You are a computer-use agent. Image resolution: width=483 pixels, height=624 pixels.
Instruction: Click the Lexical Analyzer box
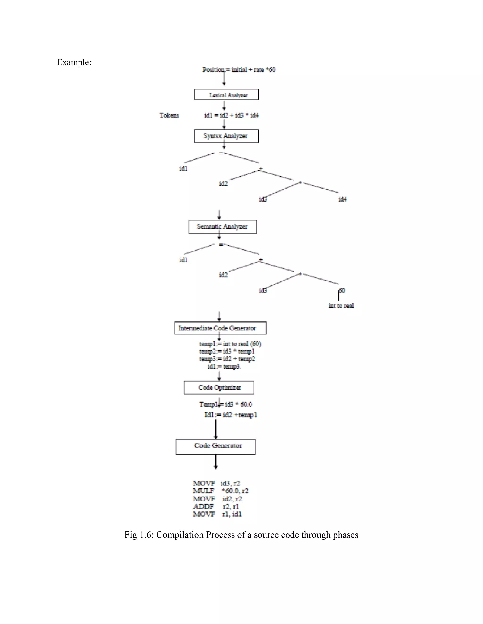[x=226, y=95]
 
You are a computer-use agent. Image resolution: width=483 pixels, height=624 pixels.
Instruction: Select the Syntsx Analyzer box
[x=226, y=136]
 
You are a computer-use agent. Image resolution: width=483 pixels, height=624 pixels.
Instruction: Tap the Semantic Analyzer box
[x=223, y=227]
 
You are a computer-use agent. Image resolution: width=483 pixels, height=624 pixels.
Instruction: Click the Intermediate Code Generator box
[x=220, y=328]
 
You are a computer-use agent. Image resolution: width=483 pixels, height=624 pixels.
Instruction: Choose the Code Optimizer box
[x=219, y=388]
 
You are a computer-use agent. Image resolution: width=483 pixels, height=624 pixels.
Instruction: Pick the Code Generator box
[x=216, y=446]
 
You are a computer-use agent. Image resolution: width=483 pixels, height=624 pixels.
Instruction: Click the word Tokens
[x=169, y=115]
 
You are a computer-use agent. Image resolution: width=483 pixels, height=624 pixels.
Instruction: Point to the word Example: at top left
[x=74, y=62]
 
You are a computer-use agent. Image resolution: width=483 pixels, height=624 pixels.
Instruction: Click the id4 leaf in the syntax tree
[x=342, y=199]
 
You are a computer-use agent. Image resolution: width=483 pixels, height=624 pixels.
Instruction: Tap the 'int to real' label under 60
[x=341, y=306]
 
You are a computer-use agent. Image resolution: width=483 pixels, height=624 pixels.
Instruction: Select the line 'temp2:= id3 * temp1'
[x=227, y=351]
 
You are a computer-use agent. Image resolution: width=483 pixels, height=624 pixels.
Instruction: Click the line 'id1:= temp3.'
[x=224, y=367]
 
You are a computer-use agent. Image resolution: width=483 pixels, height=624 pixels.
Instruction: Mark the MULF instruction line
[x=221, y=491]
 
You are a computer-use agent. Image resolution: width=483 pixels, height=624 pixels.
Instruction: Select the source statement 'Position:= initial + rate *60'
[x=239, y=70]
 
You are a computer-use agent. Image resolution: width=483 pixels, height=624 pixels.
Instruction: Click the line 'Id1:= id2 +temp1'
[x=231, y=415]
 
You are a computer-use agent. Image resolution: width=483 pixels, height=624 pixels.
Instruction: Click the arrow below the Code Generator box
[x=216, y=462]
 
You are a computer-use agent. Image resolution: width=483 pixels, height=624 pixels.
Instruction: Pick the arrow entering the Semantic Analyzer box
[x=219, y=215]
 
